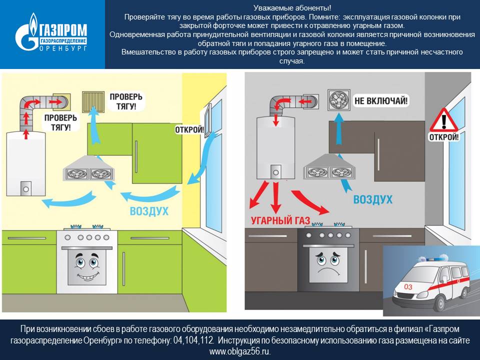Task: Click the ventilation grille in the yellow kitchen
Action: [93, 100]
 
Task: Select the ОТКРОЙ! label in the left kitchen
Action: [189, 130]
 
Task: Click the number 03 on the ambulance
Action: [408, 287]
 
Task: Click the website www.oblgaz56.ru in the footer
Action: [239, 351]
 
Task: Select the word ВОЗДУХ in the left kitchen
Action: [149, 210]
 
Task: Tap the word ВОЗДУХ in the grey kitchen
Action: [372, 200]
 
